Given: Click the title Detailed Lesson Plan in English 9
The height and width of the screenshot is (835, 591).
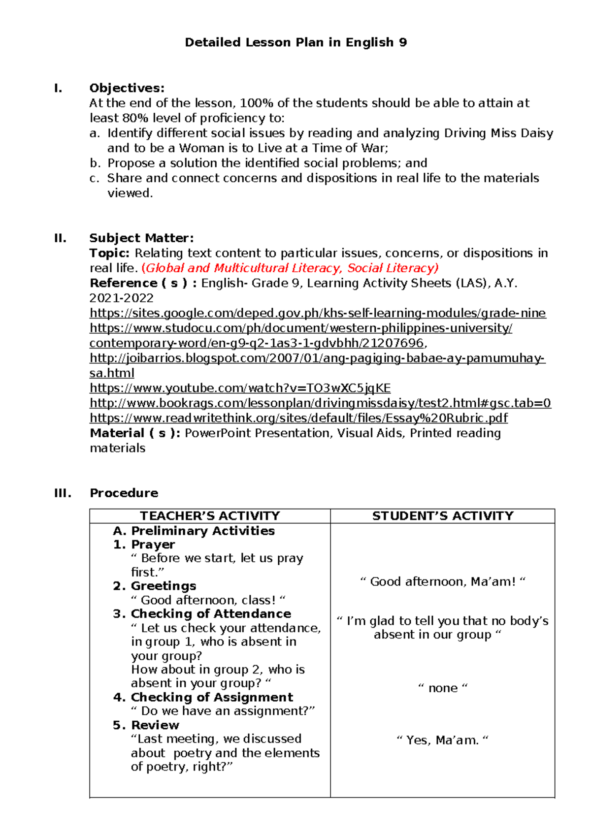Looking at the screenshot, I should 295,42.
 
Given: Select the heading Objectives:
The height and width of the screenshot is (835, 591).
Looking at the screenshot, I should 127,88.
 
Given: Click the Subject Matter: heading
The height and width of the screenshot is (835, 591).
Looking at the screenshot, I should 141,238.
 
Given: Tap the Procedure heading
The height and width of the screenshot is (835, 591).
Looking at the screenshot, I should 124,493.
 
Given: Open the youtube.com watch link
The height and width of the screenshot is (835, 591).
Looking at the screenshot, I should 240,388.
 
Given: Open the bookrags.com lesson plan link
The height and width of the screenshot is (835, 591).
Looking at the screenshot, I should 320,403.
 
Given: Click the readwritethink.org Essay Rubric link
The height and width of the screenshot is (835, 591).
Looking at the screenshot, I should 298,418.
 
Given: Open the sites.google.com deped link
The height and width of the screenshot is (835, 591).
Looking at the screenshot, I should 318,313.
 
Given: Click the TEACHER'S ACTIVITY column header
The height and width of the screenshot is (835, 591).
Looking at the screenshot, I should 210,516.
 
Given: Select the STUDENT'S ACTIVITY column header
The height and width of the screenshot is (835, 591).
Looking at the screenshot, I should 442,516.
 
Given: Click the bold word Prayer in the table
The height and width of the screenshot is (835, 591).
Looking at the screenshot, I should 153,545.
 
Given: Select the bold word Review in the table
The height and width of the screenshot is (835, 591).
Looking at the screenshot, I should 155,725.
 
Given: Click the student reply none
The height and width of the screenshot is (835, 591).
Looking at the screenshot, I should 442,688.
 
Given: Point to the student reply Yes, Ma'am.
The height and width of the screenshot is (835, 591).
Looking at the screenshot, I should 442,740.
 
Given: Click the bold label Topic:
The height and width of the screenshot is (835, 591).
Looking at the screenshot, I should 109,253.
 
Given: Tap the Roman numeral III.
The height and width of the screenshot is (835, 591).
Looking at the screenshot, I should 63,493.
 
